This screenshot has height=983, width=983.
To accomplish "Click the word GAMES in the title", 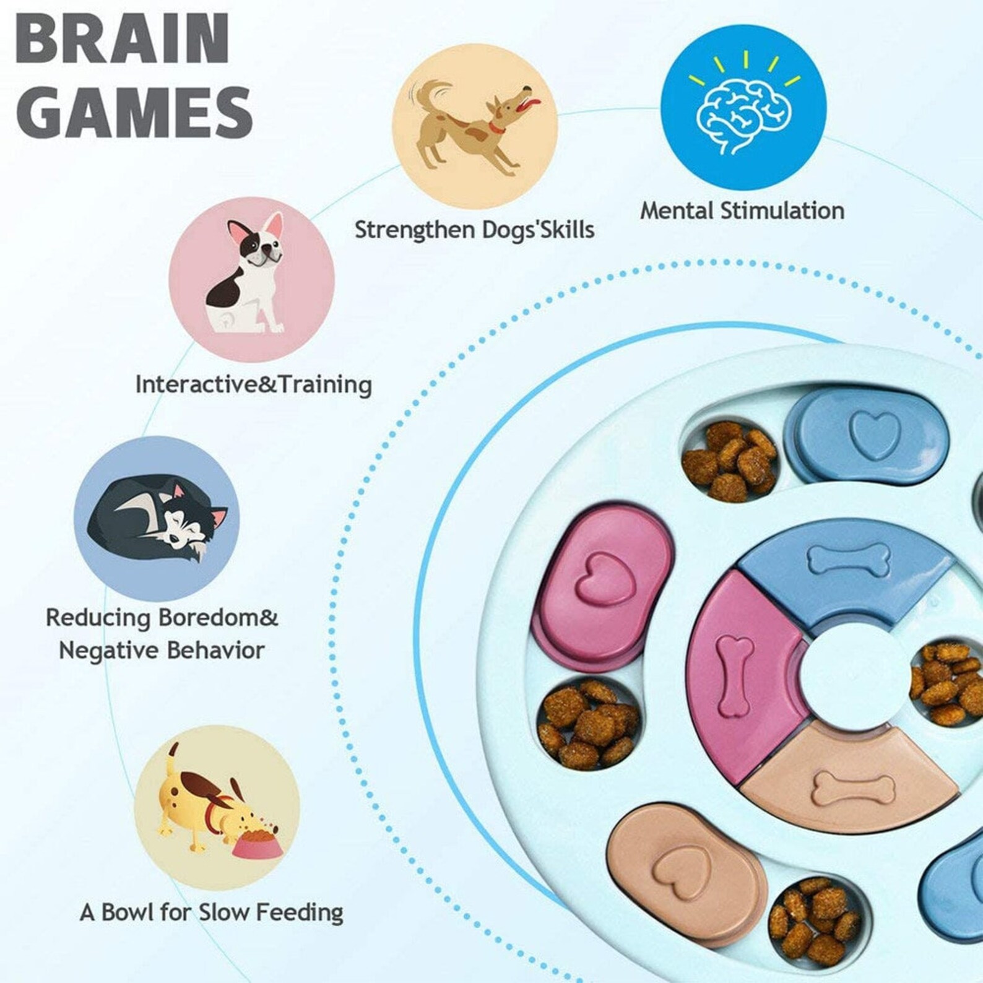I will [x=134, y=112].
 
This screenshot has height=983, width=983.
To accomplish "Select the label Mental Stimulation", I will [x=742, y=211].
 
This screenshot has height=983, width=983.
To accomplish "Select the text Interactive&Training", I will [x=253, y=384].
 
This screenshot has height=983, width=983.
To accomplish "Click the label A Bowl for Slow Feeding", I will [x=211, y=912].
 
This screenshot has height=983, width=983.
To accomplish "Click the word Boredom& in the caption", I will [x=218, y=617].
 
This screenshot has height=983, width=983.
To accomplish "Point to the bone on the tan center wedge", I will [x=854, y=787].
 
